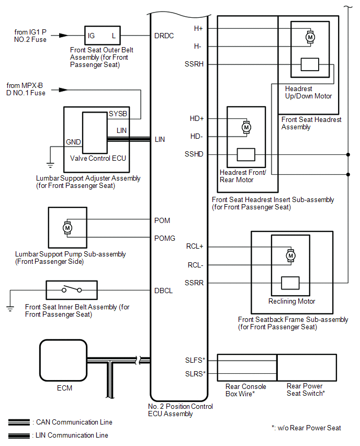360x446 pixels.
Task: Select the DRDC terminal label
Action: (x=164, y=36)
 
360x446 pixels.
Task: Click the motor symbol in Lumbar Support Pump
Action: (x=67, y=228)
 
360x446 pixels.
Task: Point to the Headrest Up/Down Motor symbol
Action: (x=310, y=37)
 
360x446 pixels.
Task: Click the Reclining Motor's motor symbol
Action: (x=290, y=255)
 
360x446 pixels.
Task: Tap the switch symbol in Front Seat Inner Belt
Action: (x=71, y=289)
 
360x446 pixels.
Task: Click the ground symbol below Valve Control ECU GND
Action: (x=50, y=164)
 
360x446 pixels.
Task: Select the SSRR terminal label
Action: (x=195, y=283)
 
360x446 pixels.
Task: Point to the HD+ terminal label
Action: (x=197, y=118)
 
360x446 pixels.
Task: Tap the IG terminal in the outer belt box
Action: (x=92, y=36)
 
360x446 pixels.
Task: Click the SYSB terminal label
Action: (x=118, y=114)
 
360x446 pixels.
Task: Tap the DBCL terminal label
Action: (x=164, y=290)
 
